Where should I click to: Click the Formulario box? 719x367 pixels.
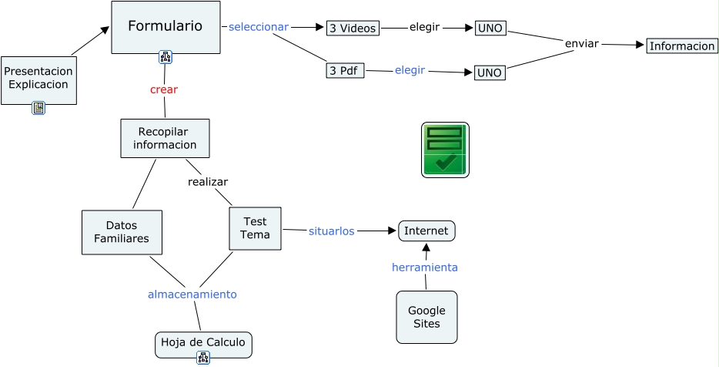(x=166, y=26)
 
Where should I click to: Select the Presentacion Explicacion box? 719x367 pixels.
(x=38, y=78)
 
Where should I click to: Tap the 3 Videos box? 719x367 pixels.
(x=353, y=29)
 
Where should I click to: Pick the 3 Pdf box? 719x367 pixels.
(x=345, y=71)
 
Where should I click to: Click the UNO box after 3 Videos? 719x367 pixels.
(x=490, y=29)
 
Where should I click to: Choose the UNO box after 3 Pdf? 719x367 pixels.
(x=490, y=73)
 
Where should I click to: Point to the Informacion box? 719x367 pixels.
(x=682, y=46)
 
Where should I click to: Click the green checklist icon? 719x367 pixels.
(x=445, y=150)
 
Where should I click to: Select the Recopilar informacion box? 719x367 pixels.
(x=165, y=138)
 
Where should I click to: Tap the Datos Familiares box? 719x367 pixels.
(x=122, y=232)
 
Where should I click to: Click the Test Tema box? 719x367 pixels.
(x=255, y=228)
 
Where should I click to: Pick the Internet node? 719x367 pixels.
(x=426, y=231)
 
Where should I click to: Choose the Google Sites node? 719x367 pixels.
(x=426, y=317)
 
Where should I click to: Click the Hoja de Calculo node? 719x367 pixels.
(x=203, y=342)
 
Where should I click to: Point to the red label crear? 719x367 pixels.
(x=164, y=89)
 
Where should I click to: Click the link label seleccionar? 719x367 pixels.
(x=258, y=27)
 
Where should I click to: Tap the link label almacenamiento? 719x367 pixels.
(x=192, y=295)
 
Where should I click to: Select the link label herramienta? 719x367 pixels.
(x=425, y=268)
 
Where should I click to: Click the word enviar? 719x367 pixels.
(x=581, y=43)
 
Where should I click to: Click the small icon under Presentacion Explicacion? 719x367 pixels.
(x=38, y=108)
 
